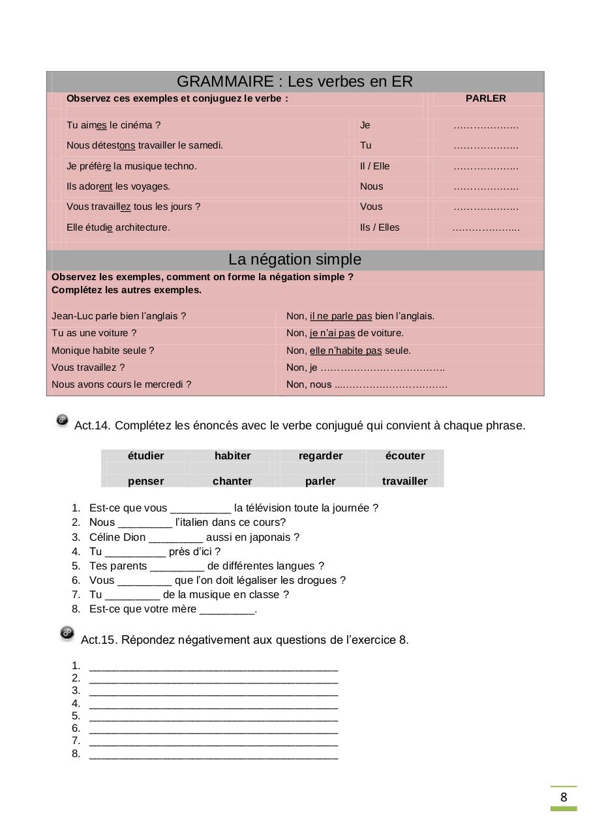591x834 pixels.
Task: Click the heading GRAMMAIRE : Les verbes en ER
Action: click(x=295, y=82)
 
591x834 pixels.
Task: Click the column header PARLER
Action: click(x=485, y=99)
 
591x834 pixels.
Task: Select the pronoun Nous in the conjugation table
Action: click(x=372, y=186)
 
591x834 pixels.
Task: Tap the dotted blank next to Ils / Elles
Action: click(x=485, y=228)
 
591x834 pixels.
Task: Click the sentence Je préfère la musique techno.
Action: click(x=131, y=166)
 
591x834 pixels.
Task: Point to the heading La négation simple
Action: click(x=295, y=259)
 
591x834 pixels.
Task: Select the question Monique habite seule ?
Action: click(x=103, y=351)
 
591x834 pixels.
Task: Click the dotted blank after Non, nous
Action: click(x=391, y=385)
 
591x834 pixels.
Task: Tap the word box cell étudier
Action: click(x=146, y=456)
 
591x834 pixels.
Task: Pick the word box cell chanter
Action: click(x=232, y=482)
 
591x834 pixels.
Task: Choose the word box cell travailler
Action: click(x=404, y=482)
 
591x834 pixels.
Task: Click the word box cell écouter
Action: click(x=404, y=456)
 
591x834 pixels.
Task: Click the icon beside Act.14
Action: click(x=63, y=421)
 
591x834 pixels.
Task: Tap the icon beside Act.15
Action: click(x=67, y=633)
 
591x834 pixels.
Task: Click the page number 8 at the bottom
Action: click(x=564, y=798)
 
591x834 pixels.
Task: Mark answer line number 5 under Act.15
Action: click(x=213, y=717)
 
